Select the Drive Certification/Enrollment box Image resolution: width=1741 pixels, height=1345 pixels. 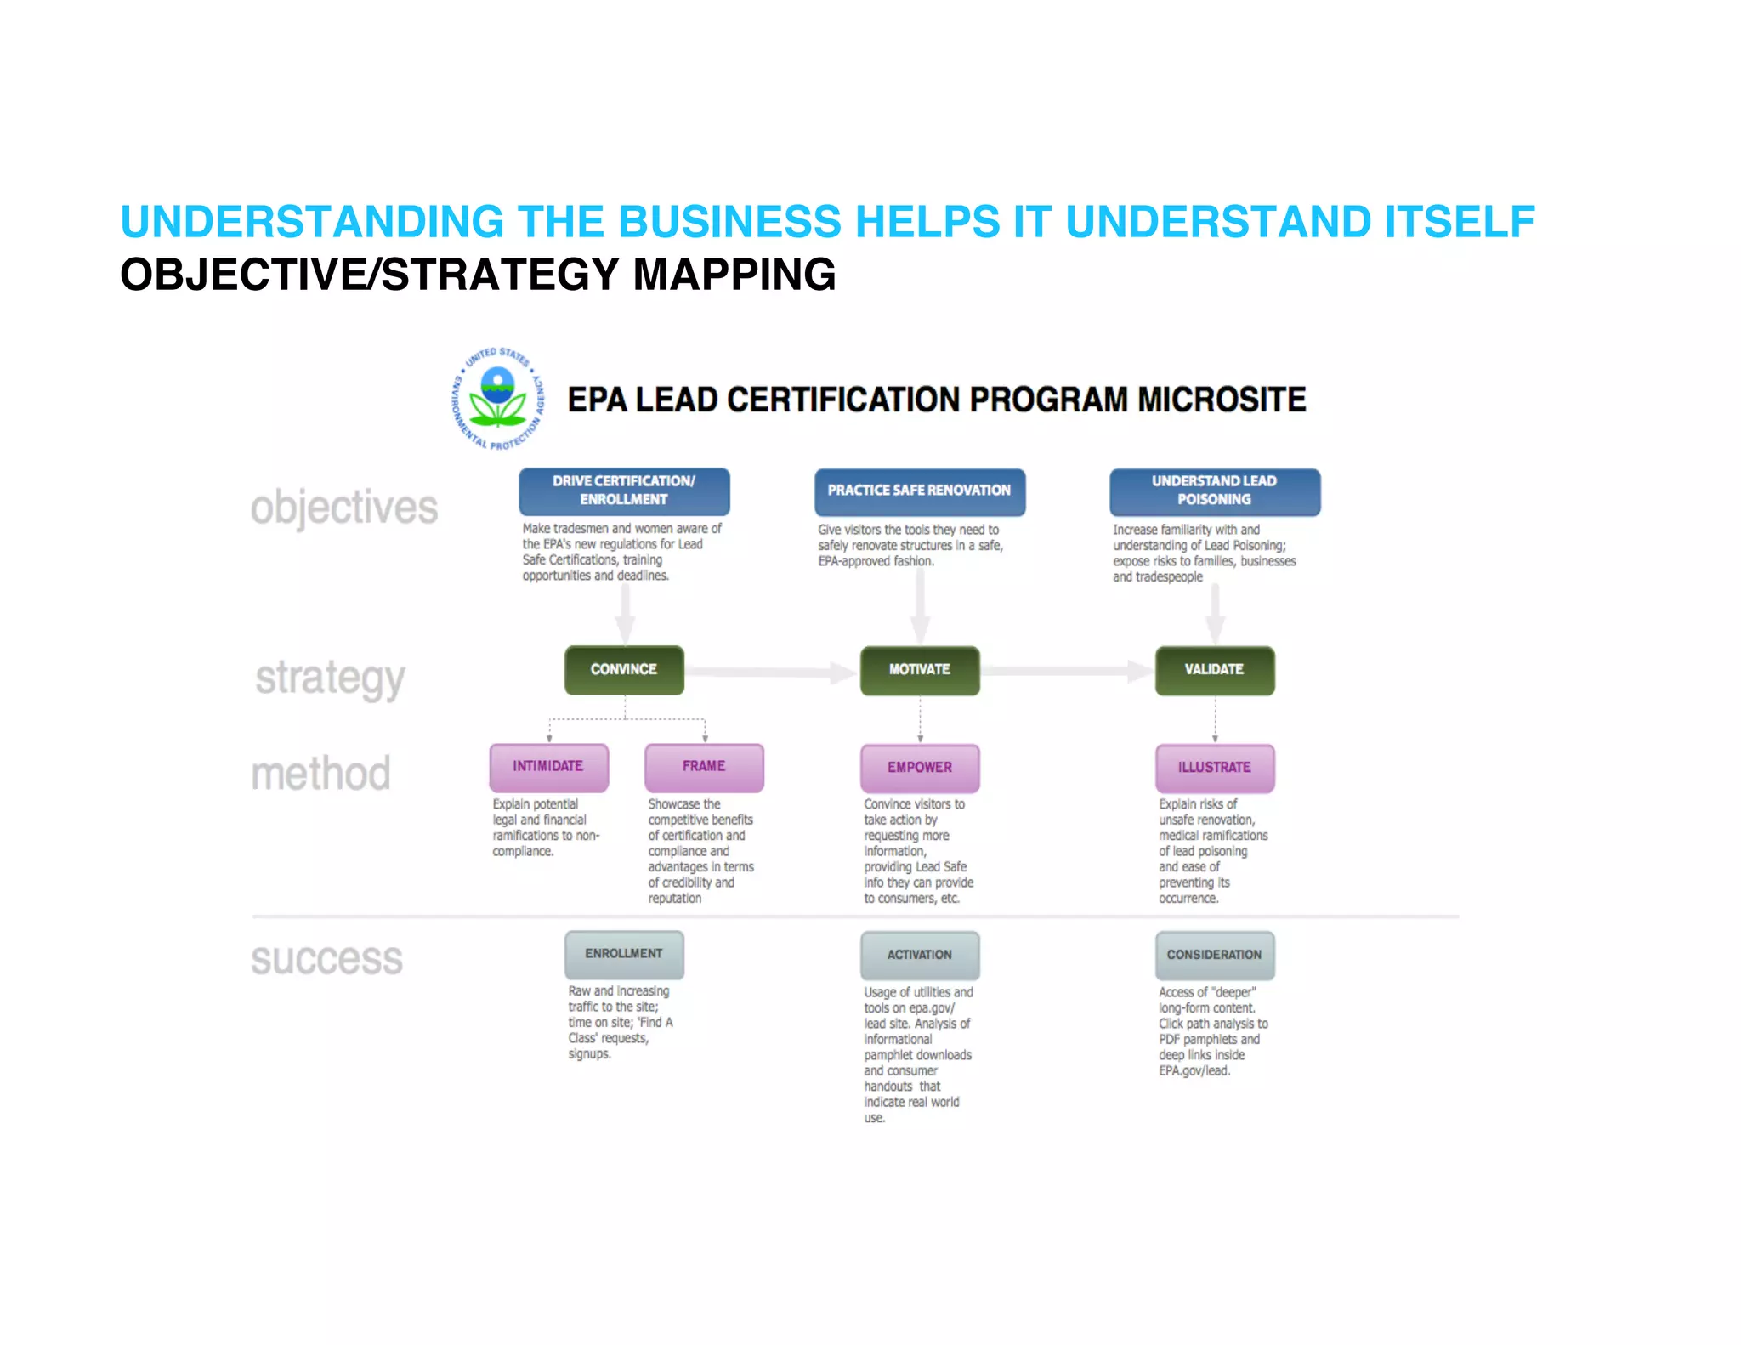point(624,491)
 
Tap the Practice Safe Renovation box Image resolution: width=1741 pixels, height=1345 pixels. point(919,491)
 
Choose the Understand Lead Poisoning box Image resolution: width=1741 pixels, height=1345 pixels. point(1214,491)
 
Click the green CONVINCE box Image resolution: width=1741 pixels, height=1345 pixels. point(624,670)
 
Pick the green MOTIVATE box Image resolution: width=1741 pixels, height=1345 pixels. point(919,670)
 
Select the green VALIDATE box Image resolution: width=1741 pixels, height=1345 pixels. point(1214,670)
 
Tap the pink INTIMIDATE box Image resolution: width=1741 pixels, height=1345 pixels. point(548,767)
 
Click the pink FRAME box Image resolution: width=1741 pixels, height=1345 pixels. point(704,767)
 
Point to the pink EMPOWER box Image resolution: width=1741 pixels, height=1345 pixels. point(919,768)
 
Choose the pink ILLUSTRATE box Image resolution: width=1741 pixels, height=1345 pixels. point(1214,768)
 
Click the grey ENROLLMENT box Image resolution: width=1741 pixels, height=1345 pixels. point(624,954)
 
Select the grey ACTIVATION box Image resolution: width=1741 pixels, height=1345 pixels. point(919,955)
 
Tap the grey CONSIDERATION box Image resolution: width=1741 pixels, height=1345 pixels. point(1214,955)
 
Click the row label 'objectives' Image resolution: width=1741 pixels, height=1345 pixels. point(343,508)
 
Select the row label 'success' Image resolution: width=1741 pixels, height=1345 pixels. point(326,959)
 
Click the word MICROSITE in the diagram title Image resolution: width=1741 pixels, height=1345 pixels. point(1222,400)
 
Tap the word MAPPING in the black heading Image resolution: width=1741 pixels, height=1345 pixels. point(734,275)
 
